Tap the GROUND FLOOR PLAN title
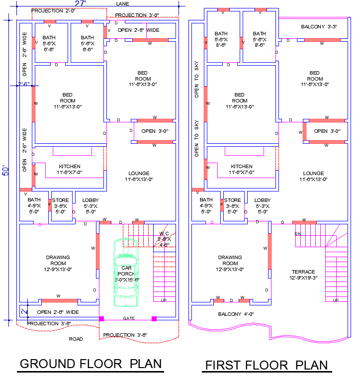pos(90,364)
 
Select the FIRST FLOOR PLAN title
pos(267,365)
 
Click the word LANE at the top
pos(122,3)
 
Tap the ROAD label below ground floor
pos(76,339)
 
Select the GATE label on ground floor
pos(128,318)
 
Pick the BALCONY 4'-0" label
pos(236,314)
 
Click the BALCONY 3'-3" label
pos(319,26)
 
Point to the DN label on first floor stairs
pos(297,234)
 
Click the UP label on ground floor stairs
pos(164,300)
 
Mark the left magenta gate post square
pos(102,318)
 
